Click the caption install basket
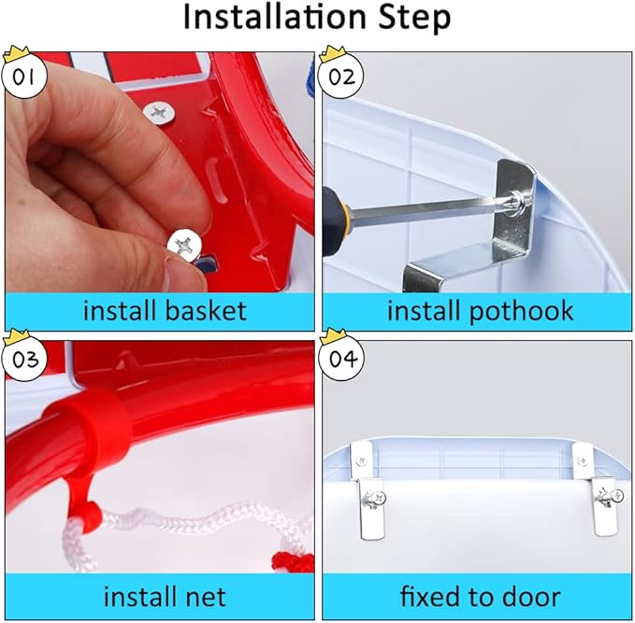tap(165, 310)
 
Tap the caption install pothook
tap(480, 310)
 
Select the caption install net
tap(165, 596)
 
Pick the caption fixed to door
tap(480, 596)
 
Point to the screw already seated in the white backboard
tap(158, 113)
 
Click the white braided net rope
tap(178, 523)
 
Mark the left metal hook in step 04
tap(371, 500)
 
